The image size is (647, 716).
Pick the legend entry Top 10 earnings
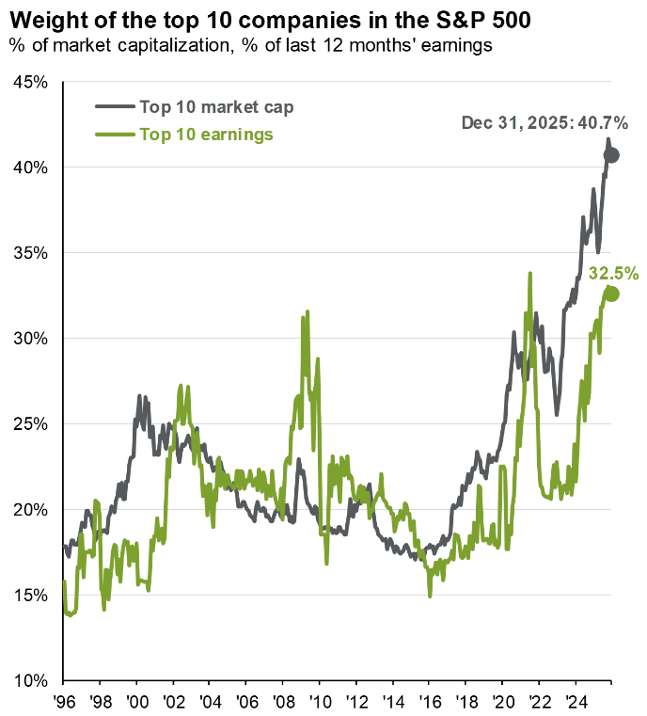(206, 135)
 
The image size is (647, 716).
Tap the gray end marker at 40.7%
(611, 154)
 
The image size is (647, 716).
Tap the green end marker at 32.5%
(611, 294)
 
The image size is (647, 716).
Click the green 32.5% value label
(613, 274)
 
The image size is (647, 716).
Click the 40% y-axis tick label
(33, 167)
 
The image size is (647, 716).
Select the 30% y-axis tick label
(33, 339)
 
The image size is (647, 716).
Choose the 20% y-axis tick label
(33, 509)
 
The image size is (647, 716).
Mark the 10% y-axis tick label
(33, 680)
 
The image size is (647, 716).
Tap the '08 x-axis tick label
(282, 701)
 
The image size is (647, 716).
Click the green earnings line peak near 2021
(530, 274)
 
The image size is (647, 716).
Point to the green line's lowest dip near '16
(430, 596)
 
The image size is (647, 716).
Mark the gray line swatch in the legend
(114, 106)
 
